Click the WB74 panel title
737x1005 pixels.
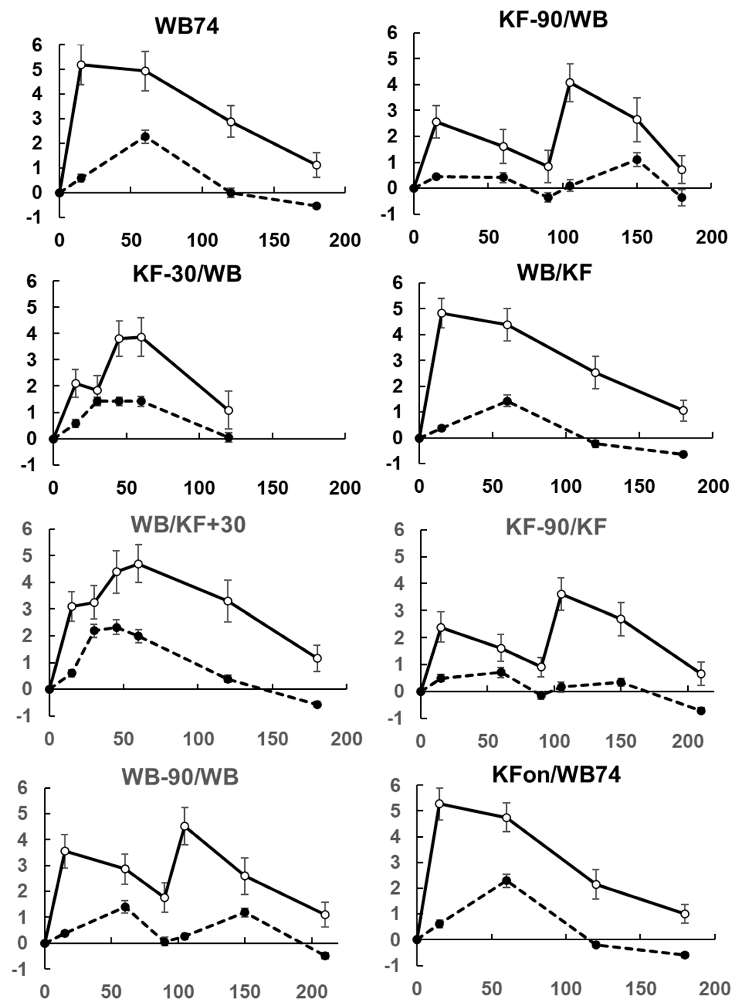tap(187, 27)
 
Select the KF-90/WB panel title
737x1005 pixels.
tap(553, 20)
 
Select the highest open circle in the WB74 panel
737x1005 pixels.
tap(81, 65)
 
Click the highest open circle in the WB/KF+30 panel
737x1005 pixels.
tap(139, 564)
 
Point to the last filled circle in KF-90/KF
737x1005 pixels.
tap(701, 711)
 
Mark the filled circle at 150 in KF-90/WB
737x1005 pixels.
tap(637, 160)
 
